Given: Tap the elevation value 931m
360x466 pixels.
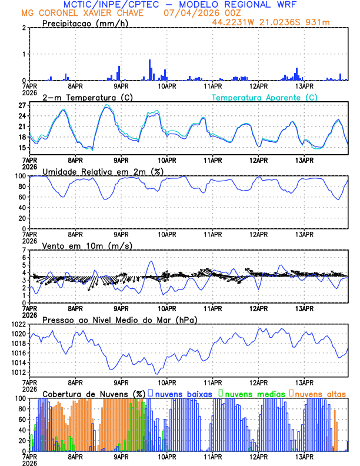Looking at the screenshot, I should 318,22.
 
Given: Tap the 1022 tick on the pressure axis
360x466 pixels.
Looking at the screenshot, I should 16,324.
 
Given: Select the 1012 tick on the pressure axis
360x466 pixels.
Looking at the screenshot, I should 16,372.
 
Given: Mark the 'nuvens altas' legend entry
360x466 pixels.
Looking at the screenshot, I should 320,393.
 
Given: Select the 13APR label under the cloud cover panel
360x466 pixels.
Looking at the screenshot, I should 304,457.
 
